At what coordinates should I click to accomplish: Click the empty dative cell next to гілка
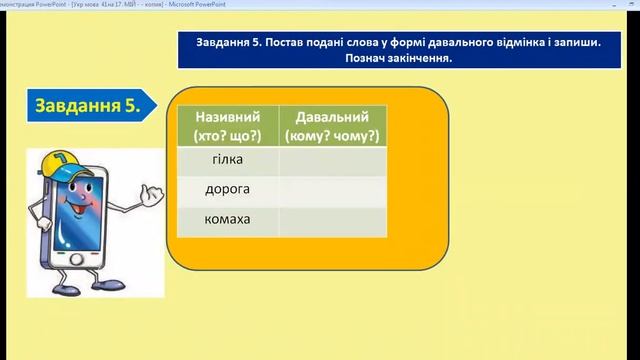point(333,160)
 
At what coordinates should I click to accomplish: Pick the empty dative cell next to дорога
point(333,190)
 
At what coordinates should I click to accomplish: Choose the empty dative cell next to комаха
point(333,220)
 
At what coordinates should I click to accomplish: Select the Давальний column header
point(333,116)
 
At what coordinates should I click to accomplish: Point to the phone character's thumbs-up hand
point(150,199)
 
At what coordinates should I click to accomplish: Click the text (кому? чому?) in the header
point(333,133)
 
